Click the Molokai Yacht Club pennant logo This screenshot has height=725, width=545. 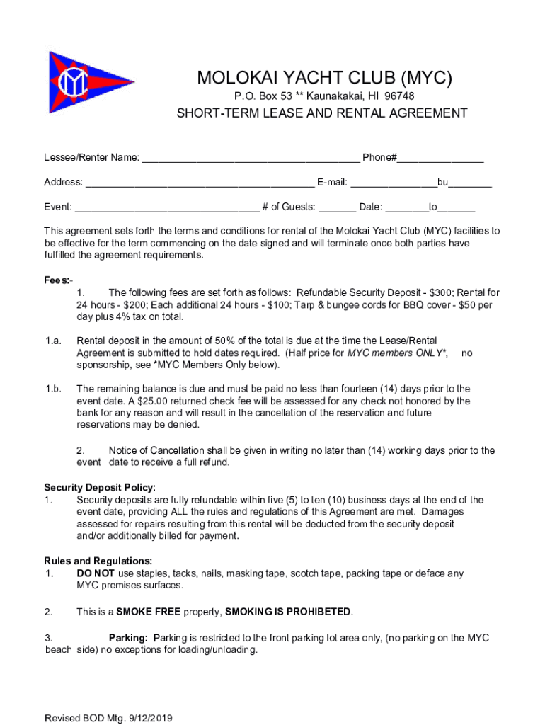tap(84, 83)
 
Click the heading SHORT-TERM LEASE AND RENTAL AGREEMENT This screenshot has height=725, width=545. tap(322, 113)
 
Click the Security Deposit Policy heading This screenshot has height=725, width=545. tap(100, 487)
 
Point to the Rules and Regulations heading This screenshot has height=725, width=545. tap(98, 561)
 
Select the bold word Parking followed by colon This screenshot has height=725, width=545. tap(128, 638)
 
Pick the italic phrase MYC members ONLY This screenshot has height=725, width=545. tap(397, 353)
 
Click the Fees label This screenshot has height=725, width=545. tap(56, 280)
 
